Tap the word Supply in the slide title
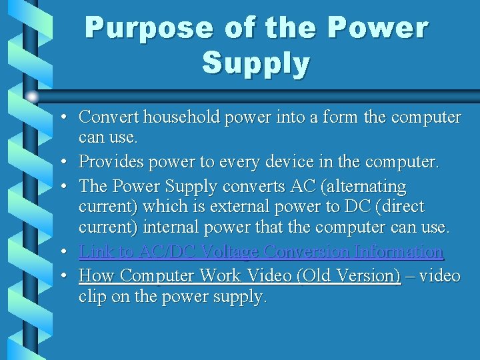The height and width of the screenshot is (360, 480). pos(256,63)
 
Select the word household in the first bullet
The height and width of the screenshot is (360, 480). pos(169,117)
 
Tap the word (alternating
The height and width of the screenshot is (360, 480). pos(365,185)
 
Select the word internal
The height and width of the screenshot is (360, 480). pos(173,228)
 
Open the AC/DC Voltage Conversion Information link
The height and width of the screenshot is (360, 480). pos(261,252)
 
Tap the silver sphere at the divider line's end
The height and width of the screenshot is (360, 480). pos(33,96)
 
